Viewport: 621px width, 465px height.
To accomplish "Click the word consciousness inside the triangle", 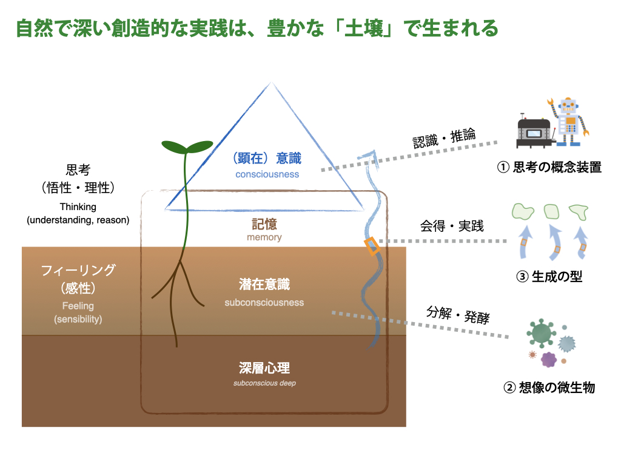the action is pyautogui.click(x=267, y=174).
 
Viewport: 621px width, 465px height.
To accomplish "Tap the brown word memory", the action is pyautogui.click(x=264, y=237).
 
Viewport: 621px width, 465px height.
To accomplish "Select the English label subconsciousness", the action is pyautogui.click(x=264, y=303).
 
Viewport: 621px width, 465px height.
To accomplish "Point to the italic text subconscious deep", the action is pyautogui.click(x=264, y=383).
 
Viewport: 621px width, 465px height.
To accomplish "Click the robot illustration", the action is pyautogui.click(x=569, y=122).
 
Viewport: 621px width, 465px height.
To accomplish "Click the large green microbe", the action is pyautogui.click(x=541, y=332).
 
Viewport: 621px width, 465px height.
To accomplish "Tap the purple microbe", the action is pyautogui.click(x=549, y=360).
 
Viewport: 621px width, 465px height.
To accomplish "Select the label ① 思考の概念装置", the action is pyautogui.click(x=549, y=167).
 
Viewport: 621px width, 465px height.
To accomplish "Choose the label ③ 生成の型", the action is pyautogui.click(x=549, y=276).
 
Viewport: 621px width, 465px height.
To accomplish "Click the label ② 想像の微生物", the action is pyautogui.click(x=549, y=387).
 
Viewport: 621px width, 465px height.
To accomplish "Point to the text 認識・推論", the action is pyautogui.click(x=444, y=139).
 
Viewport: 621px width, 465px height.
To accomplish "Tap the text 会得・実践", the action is pyautogui.click(x=452, y=226).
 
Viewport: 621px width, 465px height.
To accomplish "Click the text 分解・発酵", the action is pyautogui.click(x=458, y=315).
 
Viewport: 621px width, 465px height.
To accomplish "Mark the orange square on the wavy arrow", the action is pyautogui.click(x=372, y=246).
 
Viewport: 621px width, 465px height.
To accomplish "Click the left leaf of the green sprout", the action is pyautogui.click(x=174, y=147).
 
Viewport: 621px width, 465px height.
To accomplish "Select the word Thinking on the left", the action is pyautogui.click(x=78, y=207).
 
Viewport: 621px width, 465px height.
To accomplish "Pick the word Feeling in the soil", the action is pyautogui.click(x=78, y=306).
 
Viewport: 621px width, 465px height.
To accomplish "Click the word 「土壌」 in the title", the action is pyautogui.click(x=364, y=28).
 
